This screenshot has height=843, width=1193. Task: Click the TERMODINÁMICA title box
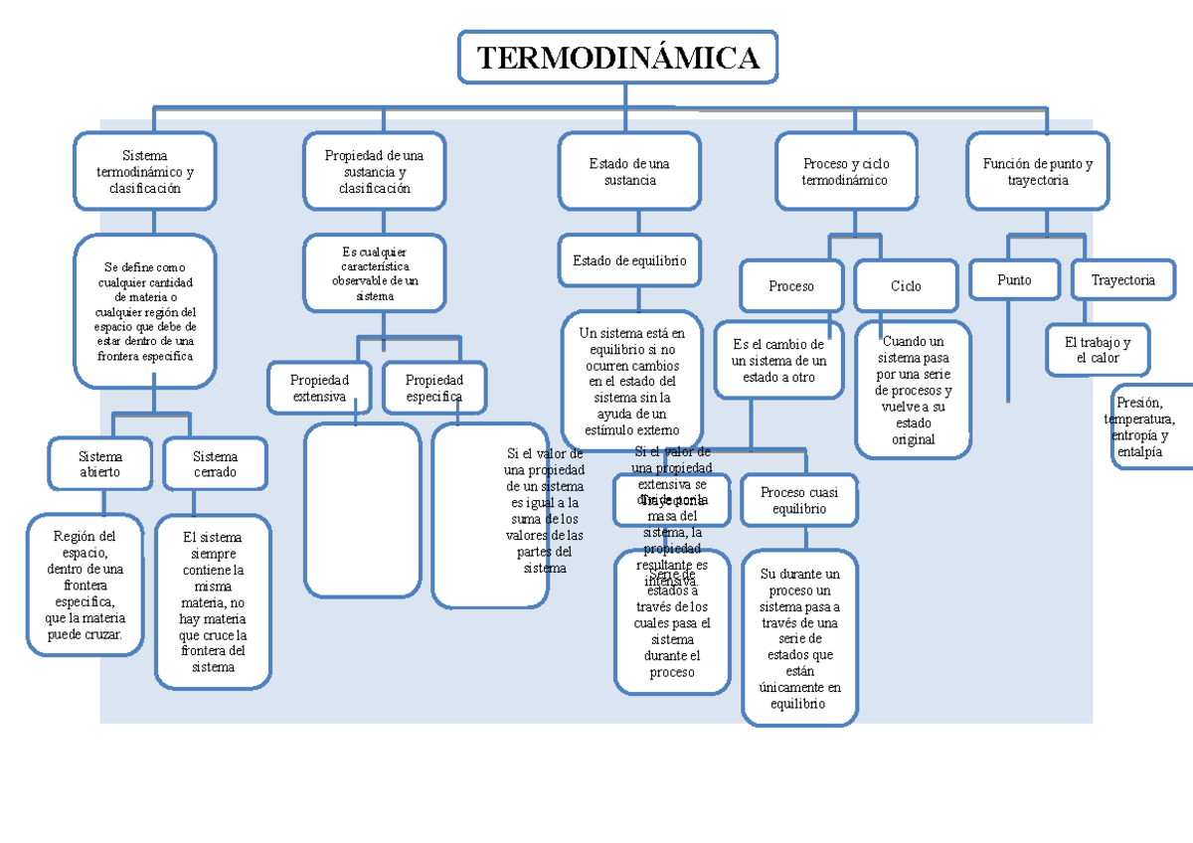(x=617, y=58)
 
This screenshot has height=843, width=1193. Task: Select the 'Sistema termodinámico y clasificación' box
(x=145, y=171)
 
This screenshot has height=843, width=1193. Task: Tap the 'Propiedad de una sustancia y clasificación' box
(x=374, y=171)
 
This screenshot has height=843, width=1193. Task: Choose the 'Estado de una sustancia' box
(x=628, y=171)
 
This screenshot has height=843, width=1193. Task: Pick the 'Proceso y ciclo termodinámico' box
(x=846, y=171)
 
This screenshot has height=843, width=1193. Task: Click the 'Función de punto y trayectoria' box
(x=1037, y=171)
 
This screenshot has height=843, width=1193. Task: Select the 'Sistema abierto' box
(x=100, y=464)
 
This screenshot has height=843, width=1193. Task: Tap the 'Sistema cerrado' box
(x=215, y=464)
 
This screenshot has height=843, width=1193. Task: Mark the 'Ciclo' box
(x=906, y=286)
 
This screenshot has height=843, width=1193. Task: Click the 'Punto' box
(x=1014, y=280)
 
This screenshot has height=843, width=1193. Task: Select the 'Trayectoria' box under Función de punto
(x=1122, y=280)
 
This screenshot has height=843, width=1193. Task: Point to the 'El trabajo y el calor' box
(x=1098, y=350)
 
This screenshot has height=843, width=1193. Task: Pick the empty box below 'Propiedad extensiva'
(x=363, y=509)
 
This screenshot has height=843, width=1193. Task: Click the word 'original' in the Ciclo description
(x=914, y=439)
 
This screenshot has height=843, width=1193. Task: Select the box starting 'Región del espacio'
(x=85, y=585)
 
